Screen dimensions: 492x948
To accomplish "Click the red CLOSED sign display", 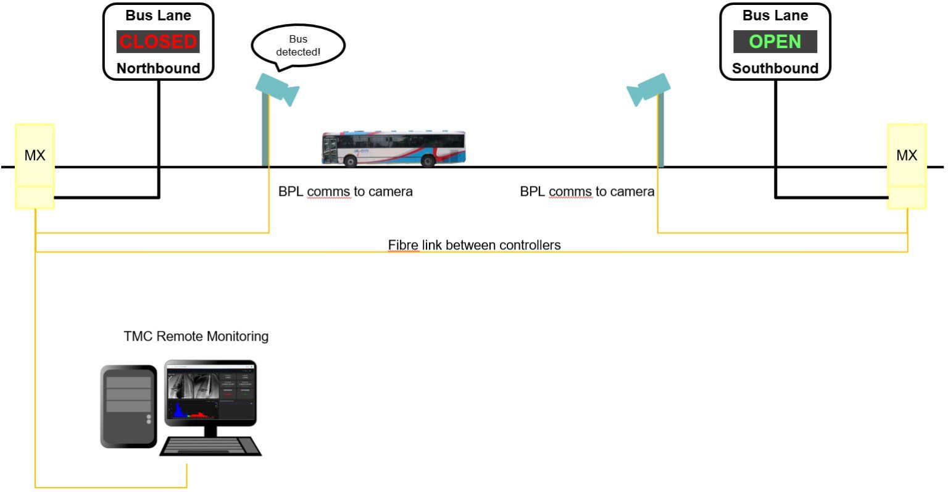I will [x=158, y=41].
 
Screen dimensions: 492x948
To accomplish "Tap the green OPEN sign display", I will [x=775, y=41].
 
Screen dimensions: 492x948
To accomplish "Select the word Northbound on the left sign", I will [x=158, y=69].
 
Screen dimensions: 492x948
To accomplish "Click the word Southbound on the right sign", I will [x=775, y=69].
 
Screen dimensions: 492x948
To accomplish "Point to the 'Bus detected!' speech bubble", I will [x=298, y=46].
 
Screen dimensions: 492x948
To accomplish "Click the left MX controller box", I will [x=35, y=156].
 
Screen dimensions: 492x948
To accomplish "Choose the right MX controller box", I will [x=906, y=156].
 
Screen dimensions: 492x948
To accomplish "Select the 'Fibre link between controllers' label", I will [x=474, y=245].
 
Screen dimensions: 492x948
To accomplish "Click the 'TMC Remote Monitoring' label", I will [x=196, y=336].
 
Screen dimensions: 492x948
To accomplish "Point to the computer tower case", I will [x=128, y=406].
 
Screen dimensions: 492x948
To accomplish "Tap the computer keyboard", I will [x=211, y=446].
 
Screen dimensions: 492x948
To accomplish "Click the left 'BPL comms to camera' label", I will [x=345, y=191].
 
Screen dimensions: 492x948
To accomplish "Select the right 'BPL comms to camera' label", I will [x=587, y=191].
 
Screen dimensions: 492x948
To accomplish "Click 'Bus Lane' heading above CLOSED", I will [x=158, y=15].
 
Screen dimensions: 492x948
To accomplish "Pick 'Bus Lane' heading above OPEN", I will [x=775, y=15].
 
